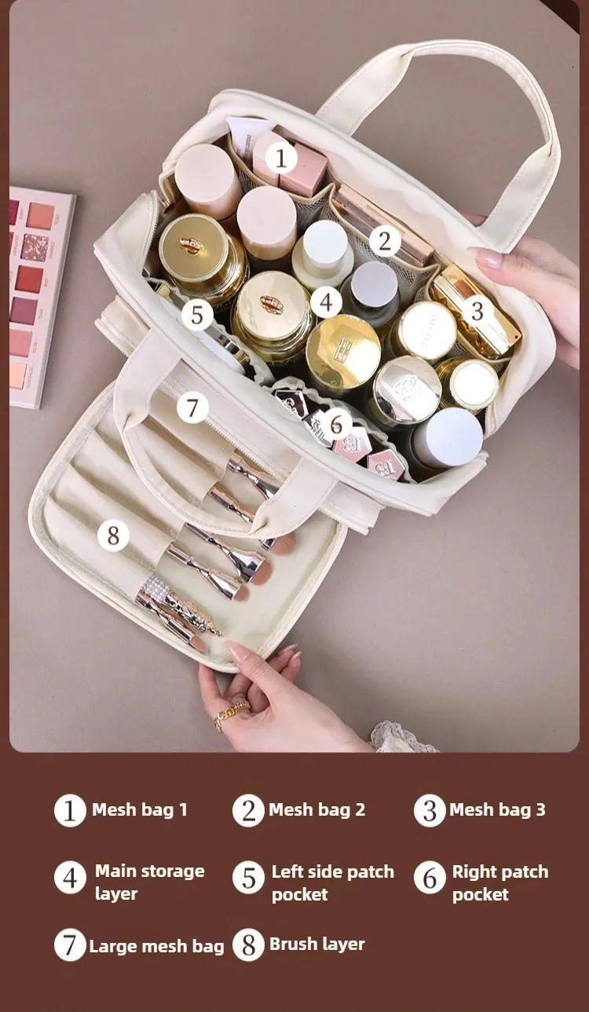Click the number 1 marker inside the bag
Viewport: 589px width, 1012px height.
point(280,158)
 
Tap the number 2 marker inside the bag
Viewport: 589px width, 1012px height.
point(385,241)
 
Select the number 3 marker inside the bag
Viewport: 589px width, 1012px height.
point(477,311)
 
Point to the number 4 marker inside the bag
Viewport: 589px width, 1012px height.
point(326,302)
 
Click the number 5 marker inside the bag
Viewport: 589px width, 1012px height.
point(197,314)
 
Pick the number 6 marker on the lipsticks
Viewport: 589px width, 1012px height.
point(336,423)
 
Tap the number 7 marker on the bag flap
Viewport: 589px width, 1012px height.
point(192,407)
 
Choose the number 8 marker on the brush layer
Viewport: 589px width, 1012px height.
point(113,535)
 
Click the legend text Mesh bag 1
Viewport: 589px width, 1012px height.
point(140,809)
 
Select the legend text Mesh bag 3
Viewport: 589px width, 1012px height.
point(497,809)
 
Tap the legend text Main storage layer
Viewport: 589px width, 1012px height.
point(150,882)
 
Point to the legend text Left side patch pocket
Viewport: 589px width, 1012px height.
point(333,882)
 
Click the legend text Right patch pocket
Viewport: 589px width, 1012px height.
point(500,882)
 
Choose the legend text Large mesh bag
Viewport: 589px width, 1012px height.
point(156,947)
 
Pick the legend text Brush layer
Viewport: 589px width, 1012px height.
point(316,944)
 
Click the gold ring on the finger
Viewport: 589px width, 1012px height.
point(231,713)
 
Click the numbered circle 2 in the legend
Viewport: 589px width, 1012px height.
point(249,810)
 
